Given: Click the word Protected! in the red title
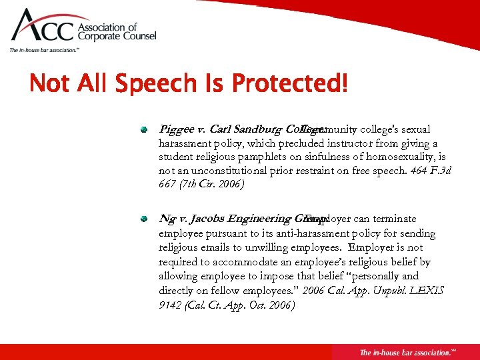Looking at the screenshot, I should [289, 84].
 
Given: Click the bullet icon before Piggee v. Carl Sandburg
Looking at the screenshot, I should [143, 129].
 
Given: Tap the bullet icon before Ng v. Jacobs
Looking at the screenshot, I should [143, 219].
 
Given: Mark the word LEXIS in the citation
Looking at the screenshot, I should [427, 291].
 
